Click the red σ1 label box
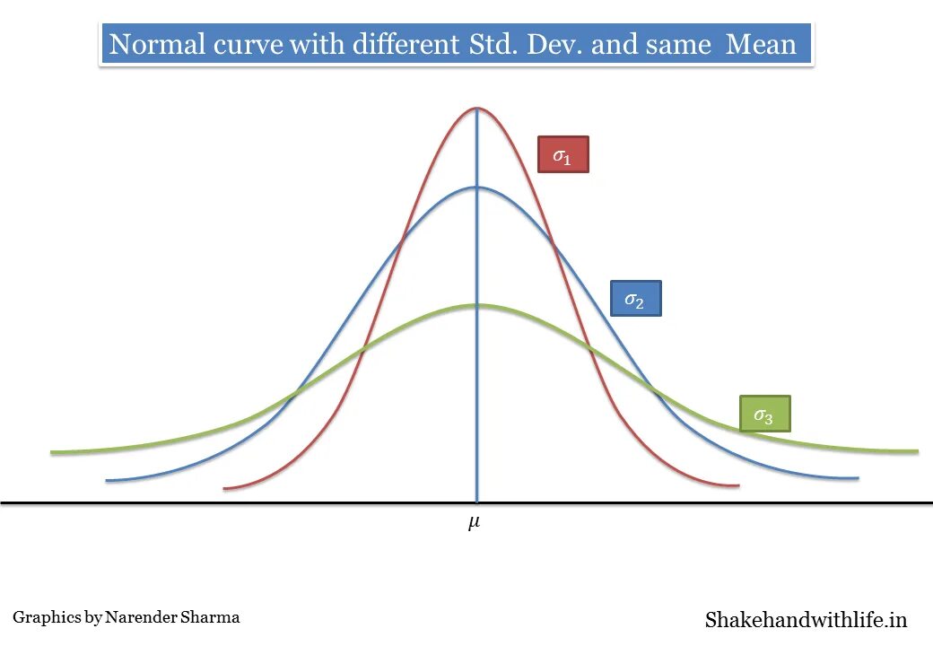pyautogui.click(x=562, y=154)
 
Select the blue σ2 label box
pyautogui.click(x=635, y=299)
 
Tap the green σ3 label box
pyautogui.click(x=764, y=414)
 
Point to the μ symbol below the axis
pyautogui.click(x=474, y=522)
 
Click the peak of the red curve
pyautogui.click(x=476, y=109)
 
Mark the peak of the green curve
pyautogui.click(x=476, y=306)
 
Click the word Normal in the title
pyautogui.click(x=153, y=44)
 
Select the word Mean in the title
pyautogui.click(x=761, y=44)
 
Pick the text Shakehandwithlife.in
pyautogui.click(x=806, y=619)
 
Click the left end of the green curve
pyautogui.click(x=52, y=452)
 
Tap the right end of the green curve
pyautogui.click(x=917, y=450)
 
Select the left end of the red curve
pyautogui.click(x=224, y=488)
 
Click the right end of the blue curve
pyautogui.click(x=858, y=478)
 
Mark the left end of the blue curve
pyautogui.click(x=107, y=481)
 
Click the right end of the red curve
pyautogui.click(x=737, y=486)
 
